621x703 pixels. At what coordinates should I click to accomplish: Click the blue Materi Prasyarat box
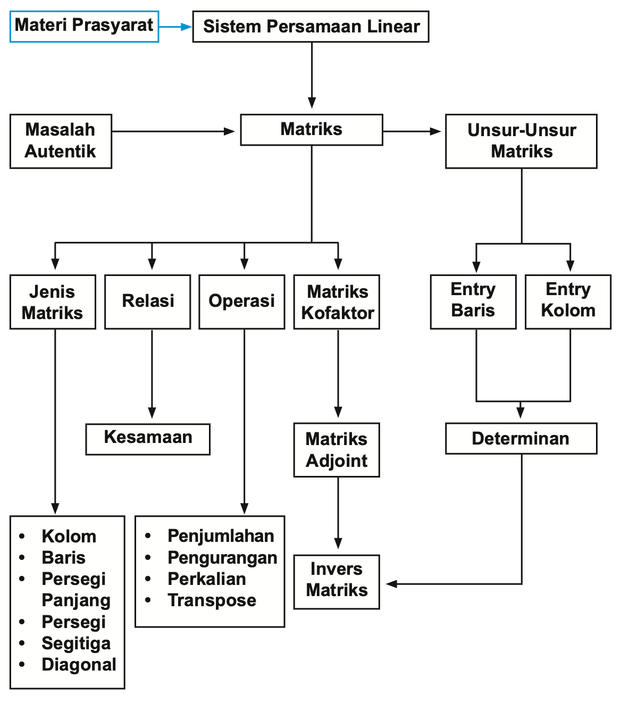(84, 26)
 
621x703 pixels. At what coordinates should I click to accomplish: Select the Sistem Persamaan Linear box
(311, 27)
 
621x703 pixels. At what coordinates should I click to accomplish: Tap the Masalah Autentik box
(61, 141)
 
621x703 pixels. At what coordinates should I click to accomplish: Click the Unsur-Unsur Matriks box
(521, 141)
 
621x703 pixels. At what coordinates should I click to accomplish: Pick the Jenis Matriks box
(53, 302)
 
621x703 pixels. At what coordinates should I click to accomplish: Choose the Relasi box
(148, 302)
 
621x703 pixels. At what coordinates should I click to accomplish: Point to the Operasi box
(242, 302)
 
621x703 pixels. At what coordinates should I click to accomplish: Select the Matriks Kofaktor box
(337, 302)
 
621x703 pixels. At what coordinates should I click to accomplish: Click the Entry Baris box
(473, 302)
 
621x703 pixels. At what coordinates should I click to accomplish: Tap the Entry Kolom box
(568, 302)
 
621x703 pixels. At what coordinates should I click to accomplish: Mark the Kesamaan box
(148, 438)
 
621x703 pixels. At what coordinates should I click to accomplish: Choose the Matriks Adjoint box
(337, 449)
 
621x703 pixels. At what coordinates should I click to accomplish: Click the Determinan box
(521, 438)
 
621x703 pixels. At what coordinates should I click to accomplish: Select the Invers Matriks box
(337, 581)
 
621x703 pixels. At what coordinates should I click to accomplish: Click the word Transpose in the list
(212, 600)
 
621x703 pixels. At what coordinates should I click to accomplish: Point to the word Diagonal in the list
(79, 665)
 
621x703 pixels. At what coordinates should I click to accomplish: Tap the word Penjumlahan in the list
(221, 536)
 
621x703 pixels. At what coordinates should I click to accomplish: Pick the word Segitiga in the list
(76, 643)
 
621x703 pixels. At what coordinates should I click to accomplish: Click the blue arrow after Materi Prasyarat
(175, 27)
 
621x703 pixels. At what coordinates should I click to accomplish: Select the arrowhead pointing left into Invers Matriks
(392, 584)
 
